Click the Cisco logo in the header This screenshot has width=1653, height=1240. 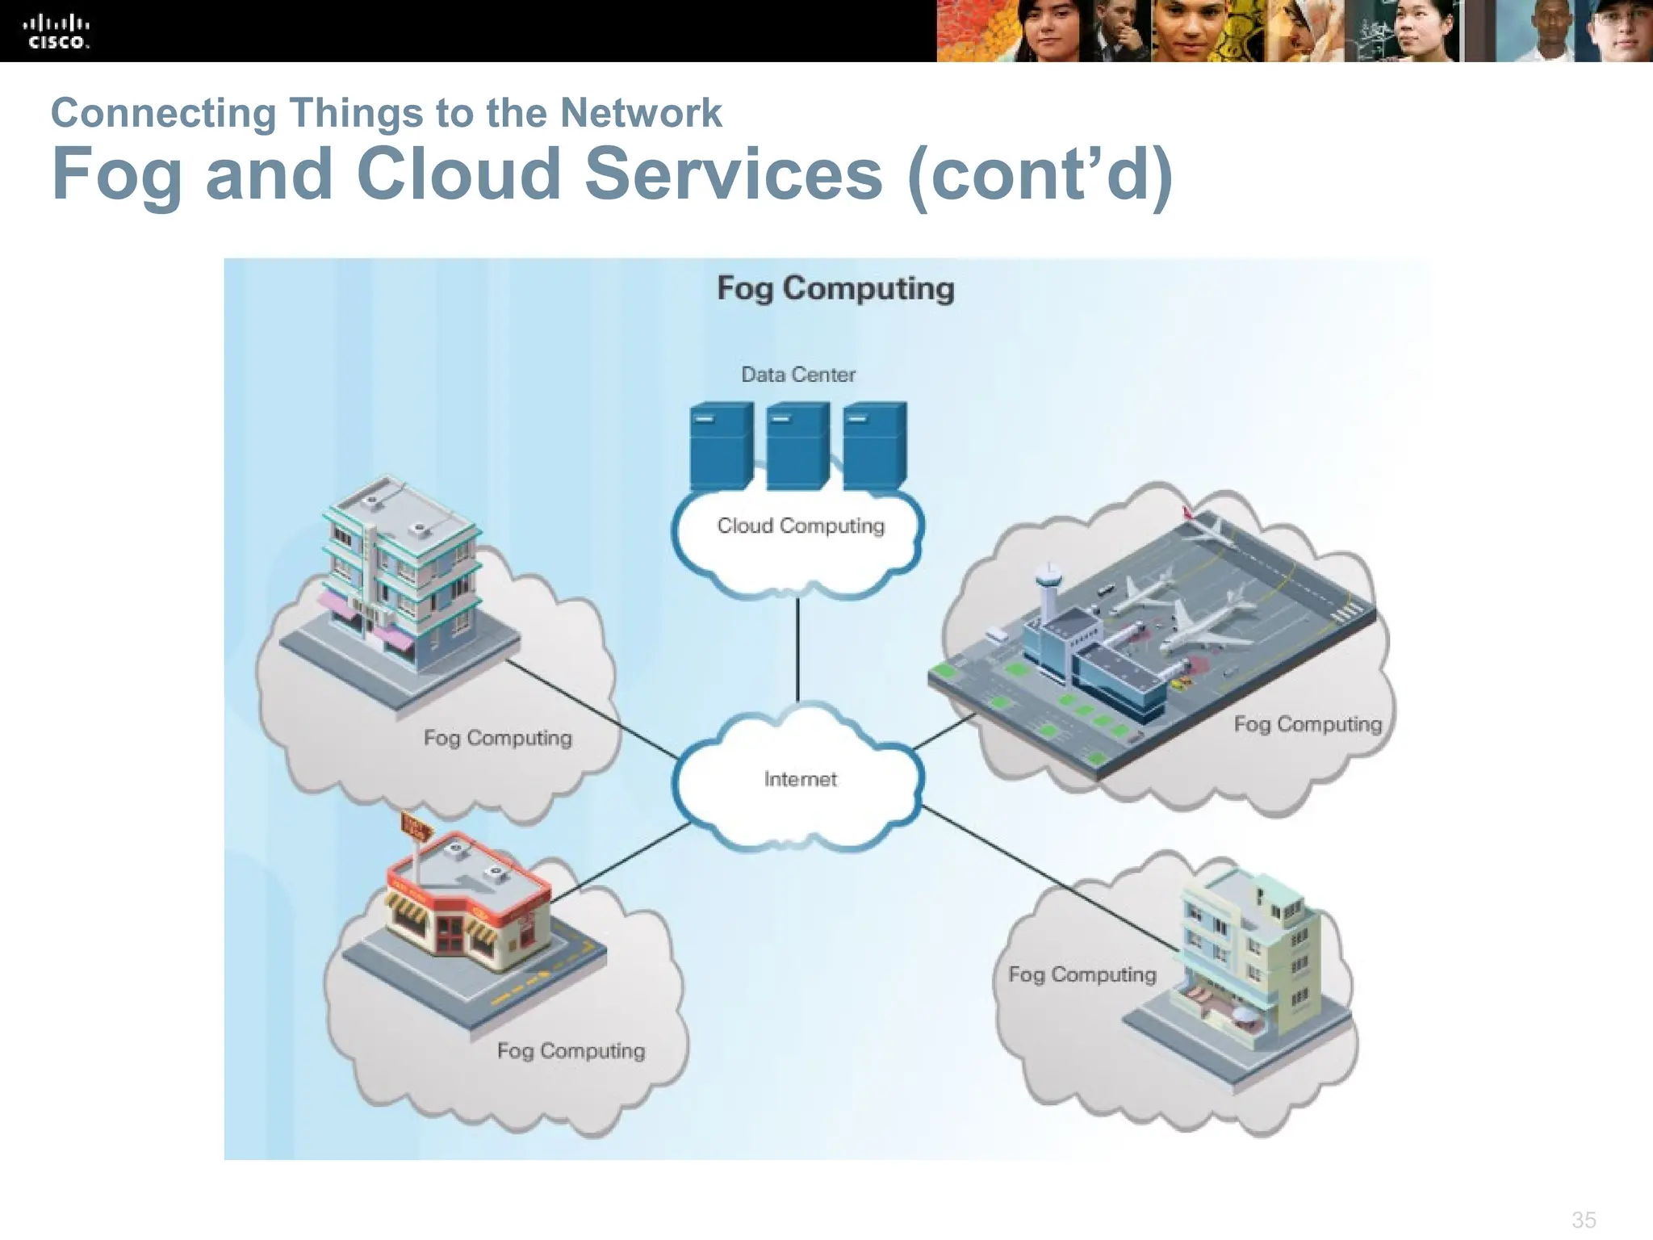tap(56, 32)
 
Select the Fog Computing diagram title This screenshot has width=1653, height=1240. tap(835, 288)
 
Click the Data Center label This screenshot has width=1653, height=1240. tap(798, 375)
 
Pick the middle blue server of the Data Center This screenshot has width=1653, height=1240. tap(797, 446)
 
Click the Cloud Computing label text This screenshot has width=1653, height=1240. tap(801, 526)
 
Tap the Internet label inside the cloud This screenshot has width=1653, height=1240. tap(800, 779)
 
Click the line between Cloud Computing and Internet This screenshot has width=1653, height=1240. tap(797, 650)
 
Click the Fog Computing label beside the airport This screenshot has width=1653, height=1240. tap(1308, 724)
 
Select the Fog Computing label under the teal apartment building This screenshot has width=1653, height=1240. tap(497, 738)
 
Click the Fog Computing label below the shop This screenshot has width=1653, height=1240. tap(571, 1050)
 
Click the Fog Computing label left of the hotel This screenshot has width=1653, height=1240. tap(1082, 974)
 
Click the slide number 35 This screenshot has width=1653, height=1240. tap(1584, 1219)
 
